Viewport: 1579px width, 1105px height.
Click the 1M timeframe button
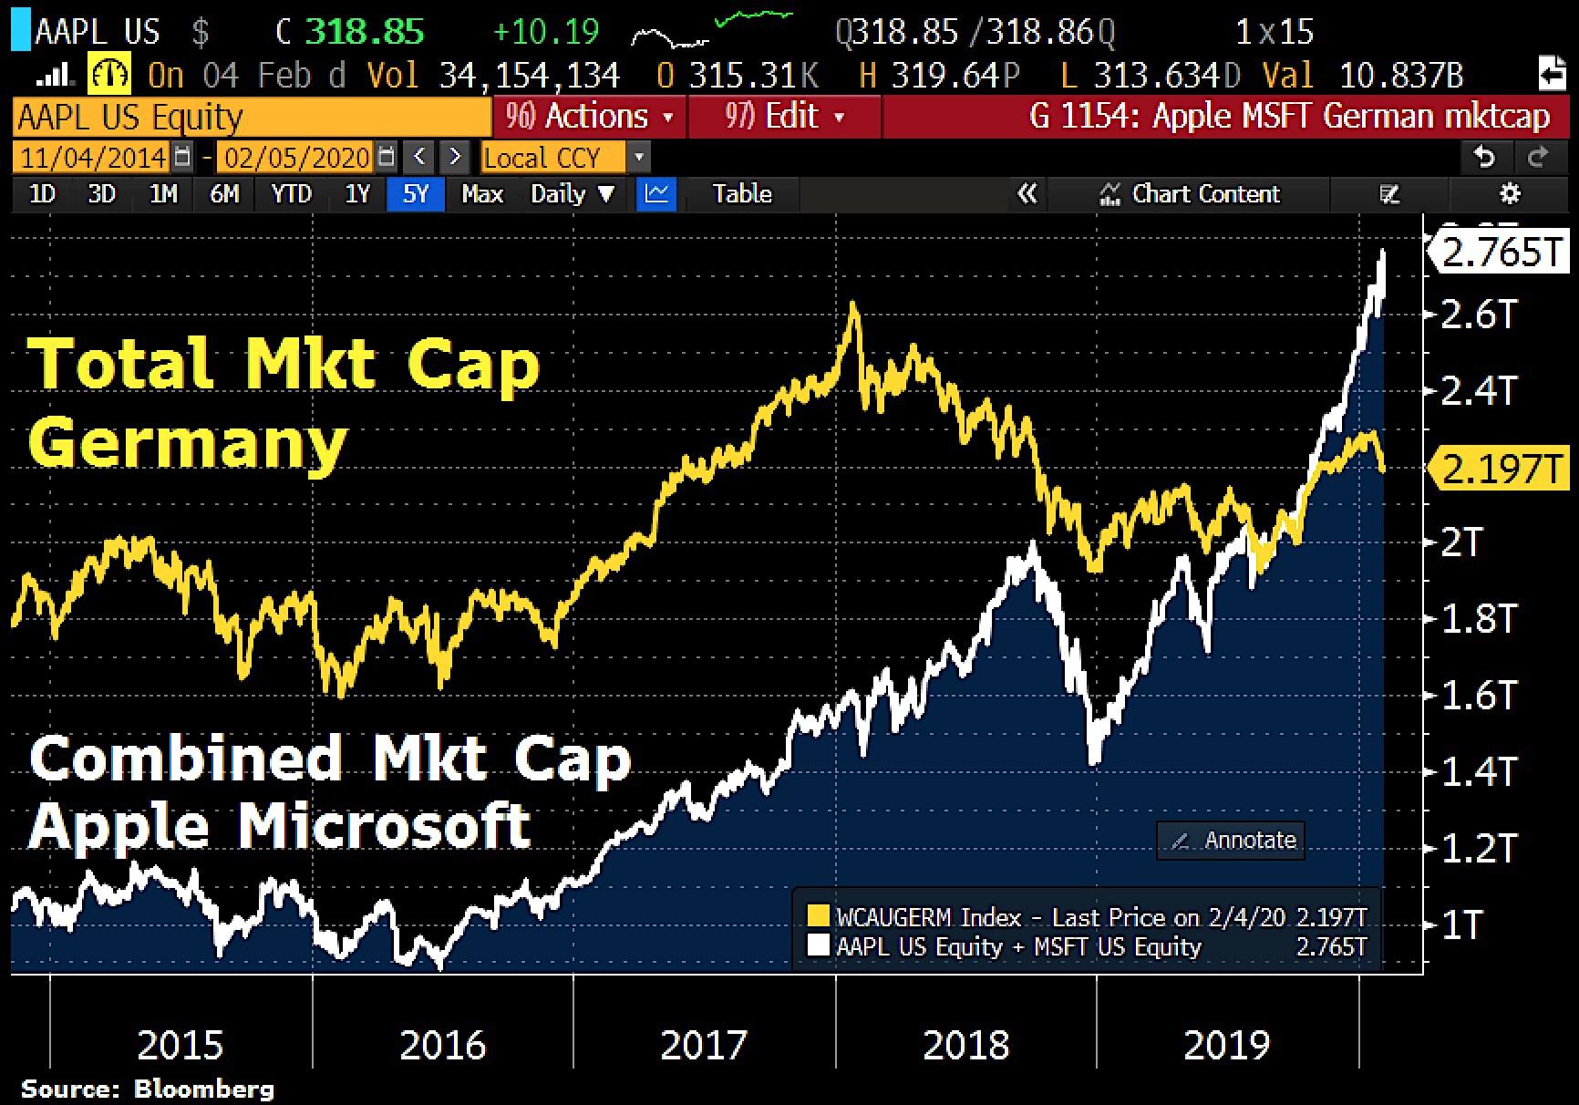click(x=163, y=194)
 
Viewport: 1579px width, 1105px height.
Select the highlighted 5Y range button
click(x=415, y=194)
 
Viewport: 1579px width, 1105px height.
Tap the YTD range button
click(x=291, y=194)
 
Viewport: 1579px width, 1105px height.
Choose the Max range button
click(x=482, y=194)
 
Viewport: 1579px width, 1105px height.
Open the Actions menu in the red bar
click(x=589, y=117)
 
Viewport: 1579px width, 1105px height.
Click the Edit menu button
click(x=784, y=117)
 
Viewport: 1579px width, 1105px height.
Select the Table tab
click(x=742, y=194)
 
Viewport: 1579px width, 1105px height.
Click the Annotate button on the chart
click(x=1231, y=840)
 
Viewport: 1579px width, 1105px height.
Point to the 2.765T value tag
click(x=1501, y=253)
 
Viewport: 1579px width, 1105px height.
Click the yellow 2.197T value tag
click(x=1501, y=470)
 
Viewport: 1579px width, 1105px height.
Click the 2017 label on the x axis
click(x=704, y=1045)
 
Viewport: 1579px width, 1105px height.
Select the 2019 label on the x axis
click(x=1226, y=1045)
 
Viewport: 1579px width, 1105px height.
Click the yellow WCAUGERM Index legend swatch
click(x=818, y=917)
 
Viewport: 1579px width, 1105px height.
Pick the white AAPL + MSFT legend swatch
click(x=818, y=946)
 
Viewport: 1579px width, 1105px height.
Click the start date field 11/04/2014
click(x=93, y=158)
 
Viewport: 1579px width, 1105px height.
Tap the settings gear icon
click(x=1510, y=194)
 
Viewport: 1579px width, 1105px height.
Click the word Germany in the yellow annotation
click(x=188, y=444)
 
